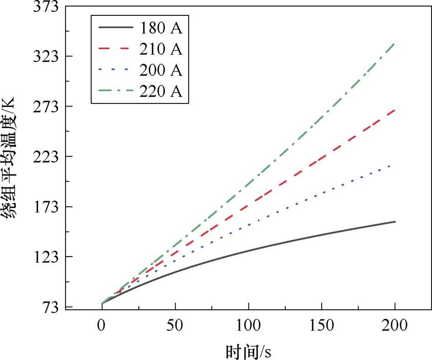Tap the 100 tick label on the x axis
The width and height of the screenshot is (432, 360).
[x=248, y=326]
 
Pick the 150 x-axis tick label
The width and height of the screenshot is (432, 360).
[x=321, y=326]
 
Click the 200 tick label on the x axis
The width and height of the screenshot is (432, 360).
[x=395, y=326]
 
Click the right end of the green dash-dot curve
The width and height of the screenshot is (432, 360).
[x=395, y=44]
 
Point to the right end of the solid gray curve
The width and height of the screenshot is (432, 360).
[x=395, y=222]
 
